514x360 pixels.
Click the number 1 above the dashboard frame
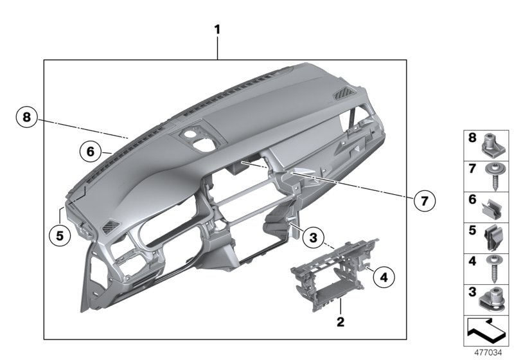point(217,30)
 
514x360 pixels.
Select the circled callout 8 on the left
point(26,117)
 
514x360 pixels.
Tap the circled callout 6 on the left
point(91,152)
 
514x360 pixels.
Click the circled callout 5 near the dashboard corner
point(59,235)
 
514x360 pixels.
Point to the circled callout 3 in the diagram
point(312,238)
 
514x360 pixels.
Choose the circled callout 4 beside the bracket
point(384,278)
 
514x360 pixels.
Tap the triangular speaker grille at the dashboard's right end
point(343,96)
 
